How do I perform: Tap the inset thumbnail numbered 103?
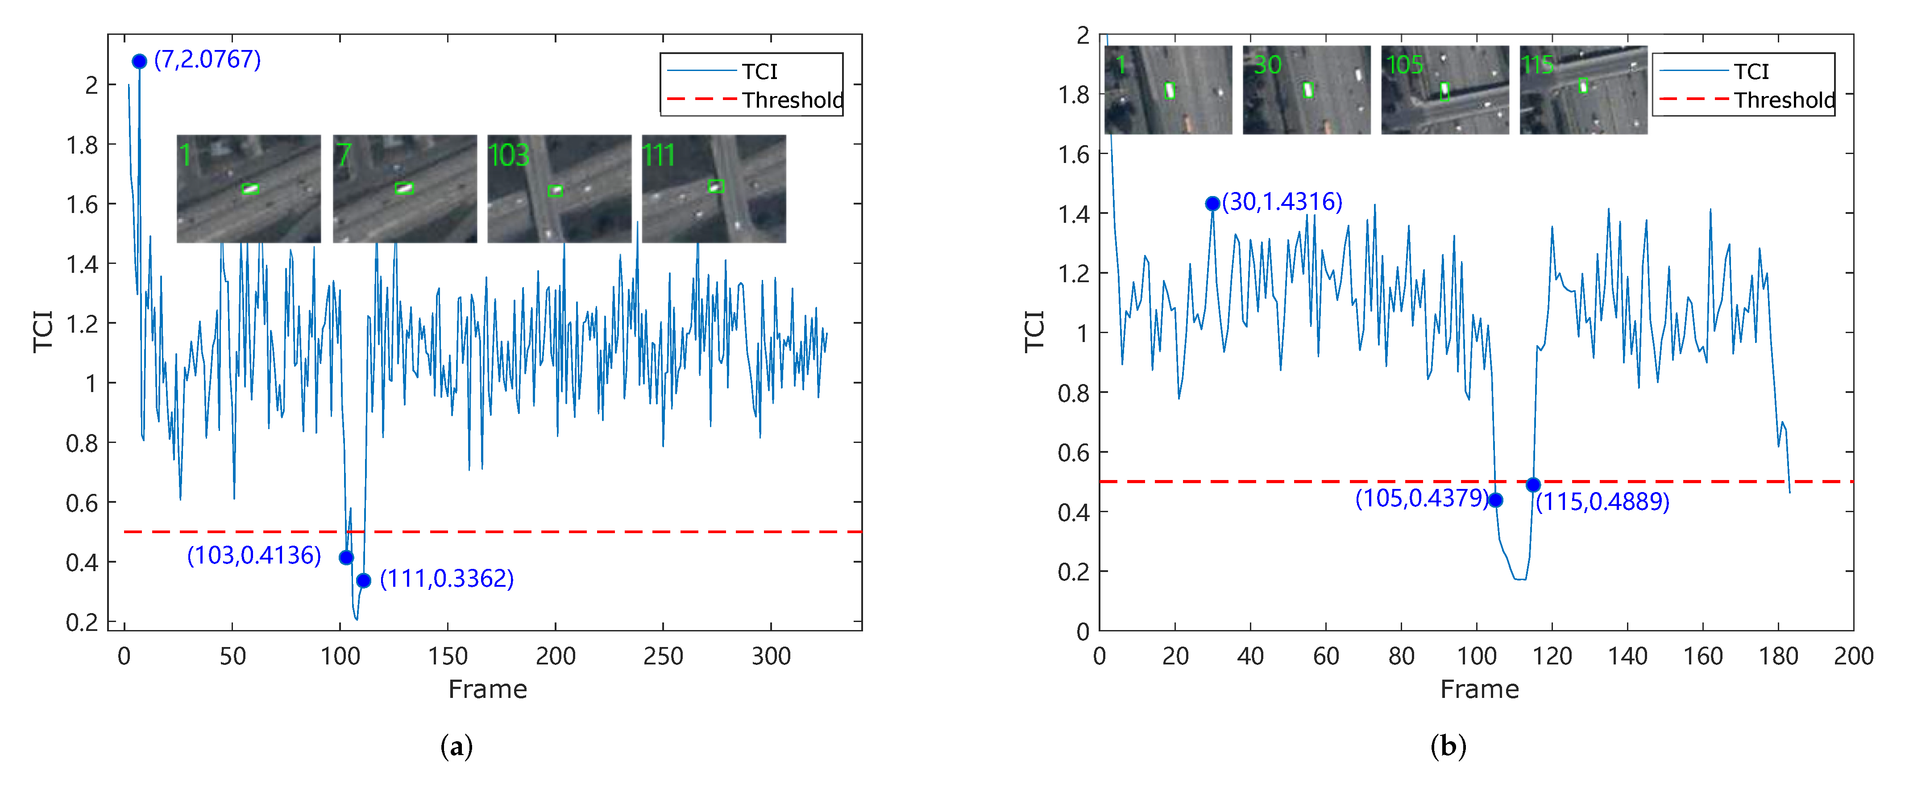coord(559,189)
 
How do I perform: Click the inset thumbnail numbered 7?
coord(404,189)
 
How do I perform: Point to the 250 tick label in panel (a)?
coord(663,656)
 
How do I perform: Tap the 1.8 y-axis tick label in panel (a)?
coord(82,145)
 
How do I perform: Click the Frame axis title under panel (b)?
coord(1479,689)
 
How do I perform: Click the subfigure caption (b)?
coord(1448,746)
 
